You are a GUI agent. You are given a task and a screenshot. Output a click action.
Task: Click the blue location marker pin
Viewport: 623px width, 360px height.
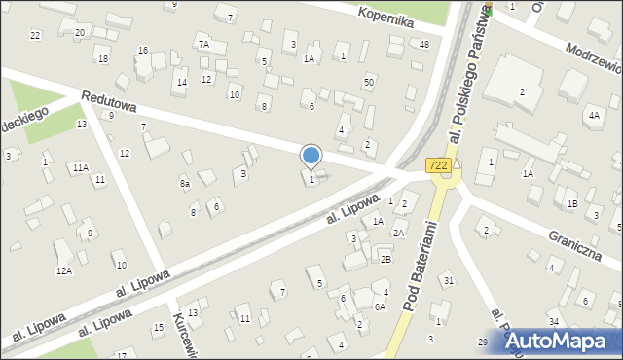pyautogui.click(x=311, y=156)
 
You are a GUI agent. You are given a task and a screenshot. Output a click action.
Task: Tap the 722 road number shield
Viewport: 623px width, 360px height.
pyautogui.click(x=438, y=166)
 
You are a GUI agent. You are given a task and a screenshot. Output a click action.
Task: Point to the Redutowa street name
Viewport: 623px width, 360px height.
pyautogui.click(x=109, y=100)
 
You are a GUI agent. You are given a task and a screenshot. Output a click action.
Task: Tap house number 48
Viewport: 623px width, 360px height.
pyautogui.click(x=423, y=45)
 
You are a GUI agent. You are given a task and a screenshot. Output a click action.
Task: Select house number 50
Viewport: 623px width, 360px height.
pyautogui.click(x=368, y=82)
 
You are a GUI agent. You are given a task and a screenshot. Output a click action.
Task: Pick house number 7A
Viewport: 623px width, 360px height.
pyautogui.click(x=203, y=44)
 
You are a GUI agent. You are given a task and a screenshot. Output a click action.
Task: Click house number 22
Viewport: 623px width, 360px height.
pyautogui.click(x=35, y=35)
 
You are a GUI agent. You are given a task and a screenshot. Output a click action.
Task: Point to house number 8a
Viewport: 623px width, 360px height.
pyautogui.click(x=184, y=183)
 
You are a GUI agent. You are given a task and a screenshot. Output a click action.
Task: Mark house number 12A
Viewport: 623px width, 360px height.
pyautogui.click(x=63, y=270)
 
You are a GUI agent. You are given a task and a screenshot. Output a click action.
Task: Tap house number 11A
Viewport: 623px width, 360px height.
pyautogui.click(x=80, y=167)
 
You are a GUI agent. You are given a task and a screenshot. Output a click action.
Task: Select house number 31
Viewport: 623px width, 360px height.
pyautogui.click(x=448, y=281)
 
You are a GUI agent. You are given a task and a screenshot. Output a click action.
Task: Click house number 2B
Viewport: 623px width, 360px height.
pyautogui.click(x=385, y=259)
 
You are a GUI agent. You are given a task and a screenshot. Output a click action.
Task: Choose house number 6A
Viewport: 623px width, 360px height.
pyautogui.click(x=381, y=307)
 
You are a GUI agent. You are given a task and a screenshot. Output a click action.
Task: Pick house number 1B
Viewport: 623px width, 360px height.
pyautogui.click(x=573, y=203)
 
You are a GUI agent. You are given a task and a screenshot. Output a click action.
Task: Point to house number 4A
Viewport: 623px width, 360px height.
pyautogui.click(x=593, y=115)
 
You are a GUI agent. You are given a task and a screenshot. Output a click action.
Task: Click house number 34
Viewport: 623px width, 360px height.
pyautogui.click(x=553, y=321)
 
